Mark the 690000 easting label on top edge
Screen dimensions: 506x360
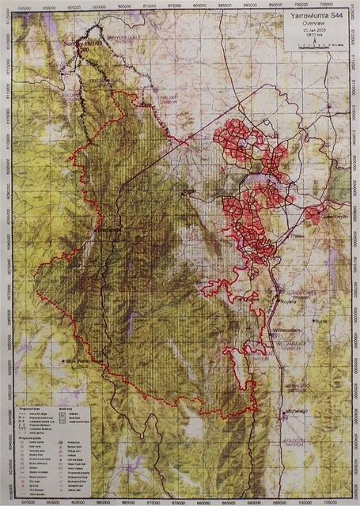pos(252,4)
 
